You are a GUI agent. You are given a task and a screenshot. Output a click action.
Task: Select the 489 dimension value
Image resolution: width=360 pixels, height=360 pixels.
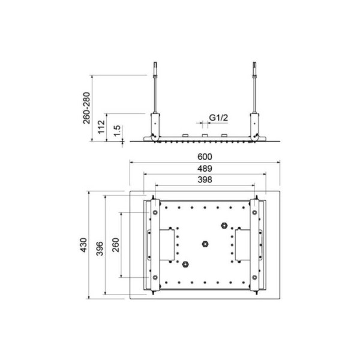205,169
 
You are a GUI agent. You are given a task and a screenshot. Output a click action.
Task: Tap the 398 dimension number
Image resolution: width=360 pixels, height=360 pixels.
205,180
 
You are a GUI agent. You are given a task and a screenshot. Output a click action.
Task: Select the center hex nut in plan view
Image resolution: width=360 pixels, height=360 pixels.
205,244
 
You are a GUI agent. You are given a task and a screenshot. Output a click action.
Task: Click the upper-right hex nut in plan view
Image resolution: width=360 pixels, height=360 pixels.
223,226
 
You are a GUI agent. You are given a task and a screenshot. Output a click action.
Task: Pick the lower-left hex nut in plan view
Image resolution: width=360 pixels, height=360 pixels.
187,263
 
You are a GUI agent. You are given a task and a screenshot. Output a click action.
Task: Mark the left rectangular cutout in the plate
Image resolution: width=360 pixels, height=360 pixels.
169,245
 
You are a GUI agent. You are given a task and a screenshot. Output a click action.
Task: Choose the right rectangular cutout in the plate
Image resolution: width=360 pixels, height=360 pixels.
242,245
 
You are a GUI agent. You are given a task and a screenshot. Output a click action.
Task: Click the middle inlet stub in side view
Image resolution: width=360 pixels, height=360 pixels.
205,134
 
